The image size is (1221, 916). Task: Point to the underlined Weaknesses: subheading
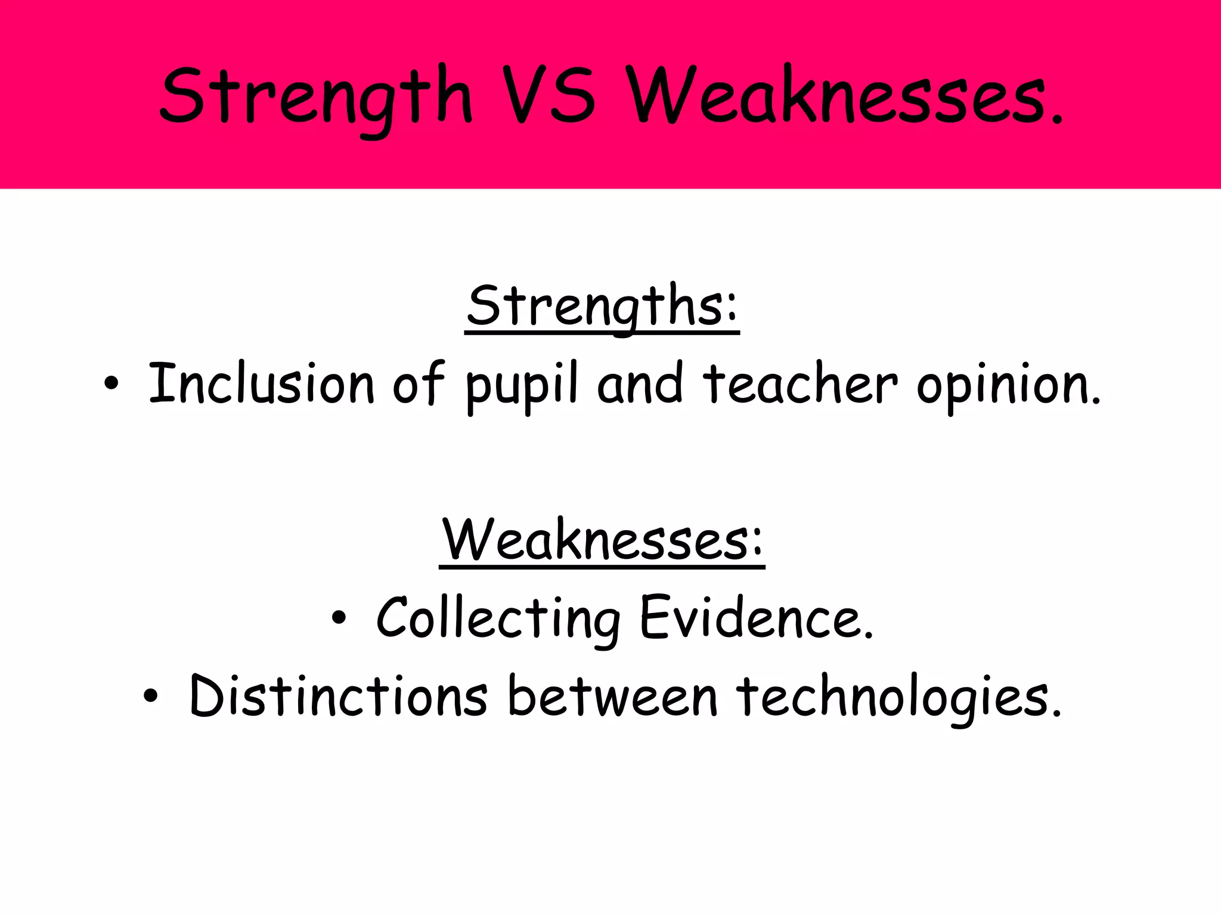point(602,540)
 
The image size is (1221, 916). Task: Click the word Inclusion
point(261,383)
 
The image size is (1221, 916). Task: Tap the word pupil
point(521,385)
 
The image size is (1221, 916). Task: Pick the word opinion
point(1005,385)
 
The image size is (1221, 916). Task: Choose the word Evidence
point(752,618)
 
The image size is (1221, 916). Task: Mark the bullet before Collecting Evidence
point(339,619)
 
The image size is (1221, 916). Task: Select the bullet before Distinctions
point(151,695)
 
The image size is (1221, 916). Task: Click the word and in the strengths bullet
point(640,383)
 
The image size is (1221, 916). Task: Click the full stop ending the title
point(1057,120)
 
